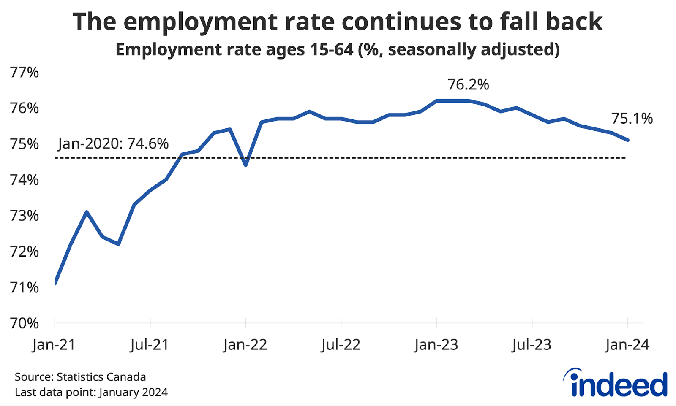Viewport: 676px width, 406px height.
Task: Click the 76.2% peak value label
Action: point(468,85)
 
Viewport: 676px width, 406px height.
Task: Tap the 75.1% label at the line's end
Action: point(632,119)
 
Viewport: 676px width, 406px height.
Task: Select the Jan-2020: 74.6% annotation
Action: point(113,144)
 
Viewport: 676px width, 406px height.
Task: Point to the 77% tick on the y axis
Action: point(25,73)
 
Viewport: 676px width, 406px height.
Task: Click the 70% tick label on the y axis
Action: point(25,323)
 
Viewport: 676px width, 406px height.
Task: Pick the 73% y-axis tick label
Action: point(25,216)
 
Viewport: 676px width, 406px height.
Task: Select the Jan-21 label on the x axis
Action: point(54,345)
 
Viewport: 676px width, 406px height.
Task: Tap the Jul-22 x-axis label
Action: point(341,345)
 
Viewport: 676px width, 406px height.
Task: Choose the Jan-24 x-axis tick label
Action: point(627,345)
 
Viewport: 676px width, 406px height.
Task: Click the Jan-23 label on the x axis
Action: point(436,345)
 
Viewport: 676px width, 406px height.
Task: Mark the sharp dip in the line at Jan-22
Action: point(245,165)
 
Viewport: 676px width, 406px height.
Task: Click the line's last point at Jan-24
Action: point(628,140)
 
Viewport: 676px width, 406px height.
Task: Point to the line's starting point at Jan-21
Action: point(55,283)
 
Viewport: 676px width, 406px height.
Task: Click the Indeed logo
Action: point(616,383)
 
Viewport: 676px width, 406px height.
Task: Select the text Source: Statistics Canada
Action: point(80,377)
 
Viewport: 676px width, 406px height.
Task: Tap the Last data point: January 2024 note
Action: point(91,392)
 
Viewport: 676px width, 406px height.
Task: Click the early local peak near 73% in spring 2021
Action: point(87,211)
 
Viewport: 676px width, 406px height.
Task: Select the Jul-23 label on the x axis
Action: point(532,345)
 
